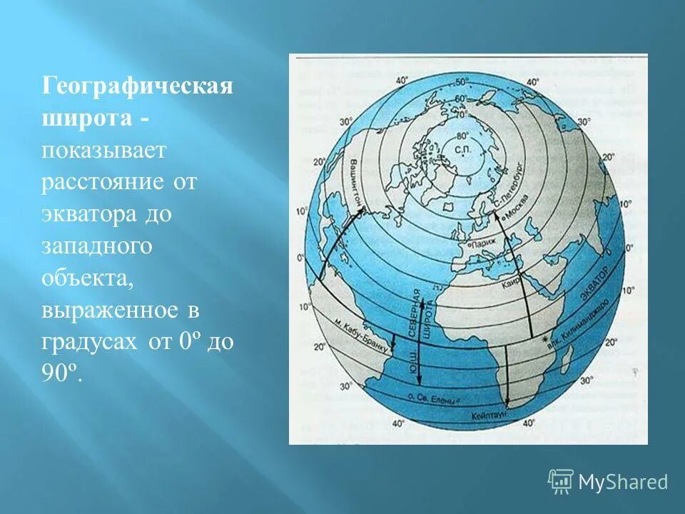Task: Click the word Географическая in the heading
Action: coord(136,87)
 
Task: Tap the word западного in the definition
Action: coord(96,246)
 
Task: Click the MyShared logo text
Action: coord(622,482)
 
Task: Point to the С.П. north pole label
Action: coord(461,150)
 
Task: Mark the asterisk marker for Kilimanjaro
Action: coord(545,338)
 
